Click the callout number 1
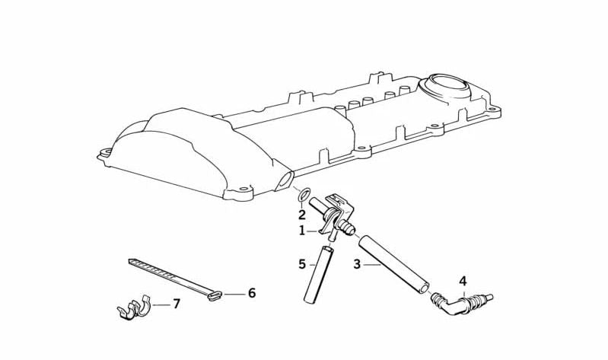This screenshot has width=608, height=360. [x=302, y=231]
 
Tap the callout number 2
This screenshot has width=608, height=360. [x=302, y=214]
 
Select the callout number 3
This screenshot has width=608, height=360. [x=357, y=264]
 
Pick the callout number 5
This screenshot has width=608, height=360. [x=302, y=264]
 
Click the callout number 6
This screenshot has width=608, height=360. [x=252, y=293]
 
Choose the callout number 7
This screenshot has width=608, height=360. [x=177, y=304]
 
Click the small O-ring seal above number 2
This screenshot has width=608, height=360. [x=304, y=194]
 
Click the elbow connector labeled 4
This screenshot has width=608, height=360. [x=460, y=302]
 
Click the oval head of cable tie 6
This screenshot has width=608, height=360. [x=215, y=296]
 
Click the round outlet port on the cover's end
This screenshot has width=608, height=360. [x=285, y=181]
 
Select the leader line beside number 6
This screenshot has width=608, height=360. [x=234, y=294]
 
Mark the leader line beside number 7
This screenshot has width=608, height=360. [x=161, y=305]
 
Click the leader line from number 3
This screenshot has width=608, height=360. [x=372, y=265]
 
